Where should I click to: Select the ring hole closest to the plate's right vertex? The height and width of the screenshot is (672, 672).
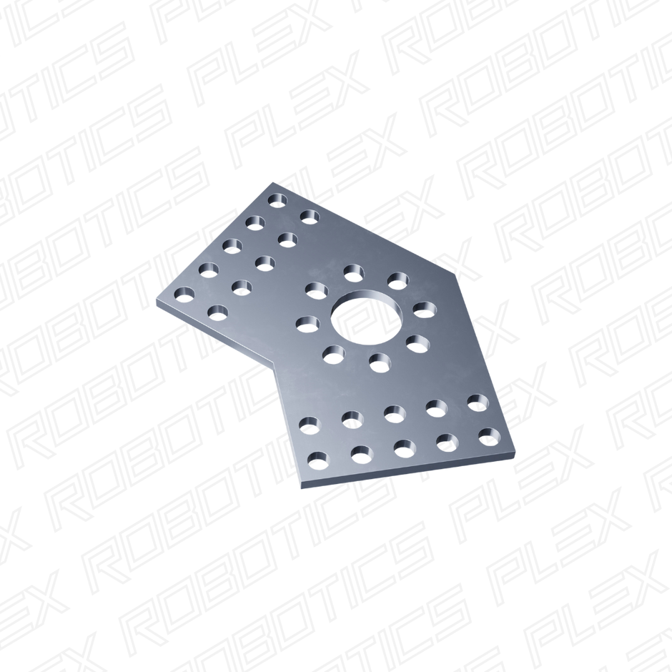coord(425,309)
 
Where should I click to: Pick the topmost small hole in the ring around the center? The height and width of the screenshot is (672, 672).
coord(352,271)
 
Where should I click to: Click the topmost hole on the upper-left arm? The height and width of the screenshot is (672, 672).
coord(277,200)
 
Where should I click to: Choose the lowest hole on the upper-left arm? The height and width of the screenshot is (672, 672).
coord(217,312)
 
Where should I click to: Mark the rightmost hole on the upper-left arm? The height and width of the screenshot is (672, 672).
coord(310,215)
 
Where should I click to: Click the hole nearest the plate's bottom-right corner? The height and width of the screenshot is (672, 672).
coord(489,435)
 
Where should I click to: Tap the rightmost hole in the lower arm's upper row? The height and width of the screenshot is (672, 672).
coord(477,401)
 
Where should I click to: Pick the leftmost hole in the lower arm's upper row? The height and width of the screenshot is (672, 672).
coord(308,423)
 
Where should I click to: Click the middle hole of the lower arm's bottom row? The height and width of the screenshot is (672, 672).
coord(405,448)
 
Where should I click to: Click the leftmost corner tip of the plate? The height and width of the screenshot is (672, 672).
coord(154,302)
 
